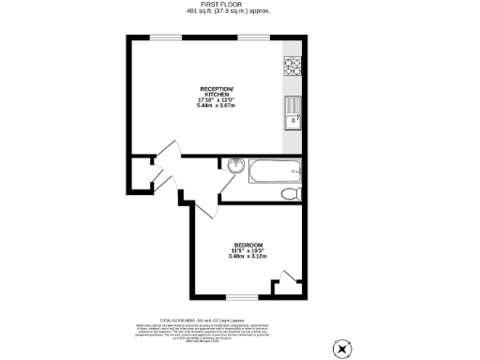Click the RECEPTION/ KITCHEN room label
pos(217,91)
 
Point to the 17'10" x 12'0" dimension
pos(217,99)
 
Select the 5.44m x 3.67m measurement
pos(217,106)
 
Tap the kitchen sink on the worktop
pos(292,111)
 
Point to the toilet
pos(291,192)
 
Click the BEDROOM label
pos(247,244)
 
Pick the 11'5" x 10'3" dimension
pos(247,250)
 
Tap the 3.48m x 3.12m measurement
pos(247,257)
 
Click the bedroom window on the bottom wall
pos(242,298)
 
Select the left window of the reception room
pos(166,37)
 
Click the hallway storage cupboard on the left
pos(141,173)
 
